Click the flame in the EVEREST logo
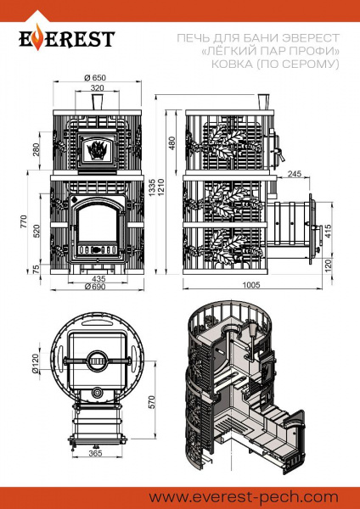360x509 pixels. (38, 37)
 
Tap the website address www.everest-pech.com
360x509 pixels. (244, 497)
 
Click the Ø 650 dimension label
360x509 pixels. (95, 77)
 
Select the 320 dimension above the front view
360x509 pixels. (97, 87)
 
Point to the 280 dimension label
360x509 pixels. (36, 149)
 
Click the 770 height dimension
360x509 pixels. (24, 221)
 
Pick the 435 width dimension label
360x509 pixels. (98, 278)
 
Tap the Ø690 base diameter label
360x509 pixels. (95, 287)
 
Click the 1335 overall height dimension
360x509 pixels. (152, 187)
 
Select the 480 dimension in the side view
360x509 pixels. (172, 143)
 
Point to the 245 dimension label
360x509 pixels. (295, 174)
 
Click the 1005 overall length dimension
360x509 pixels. (251, 285)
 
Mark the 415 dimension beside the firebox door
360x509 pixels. (328, 231)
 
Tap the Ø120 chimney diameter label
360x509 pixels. (36, 363)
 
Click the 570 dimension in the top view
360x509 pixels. (151, 402)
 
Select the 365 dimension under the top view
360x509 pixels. (95, 454)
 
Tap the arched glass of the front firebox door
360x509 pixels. (97, 224)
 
